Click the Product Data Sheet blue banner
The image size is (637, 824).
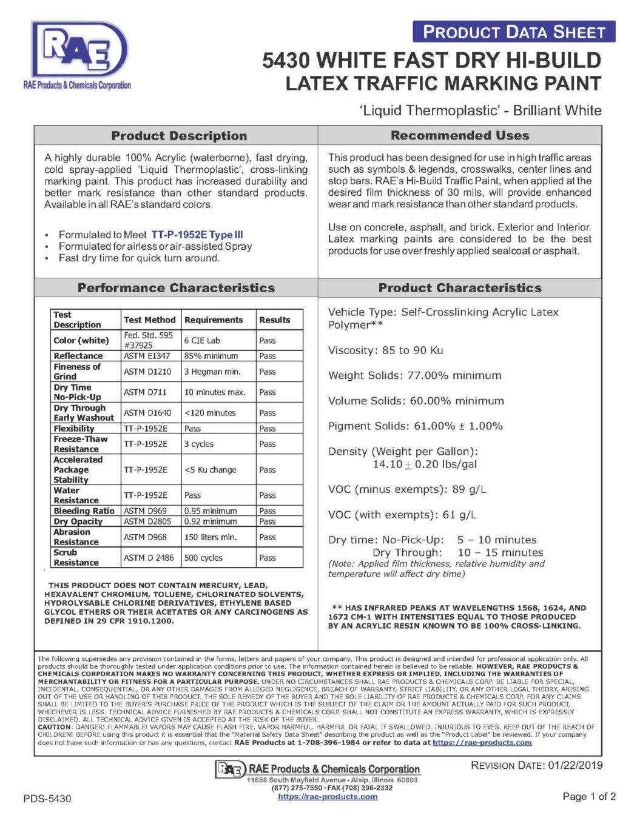514,32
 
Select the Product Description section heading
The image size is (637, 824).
179,136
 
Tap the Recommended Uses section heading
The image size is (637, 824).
460,135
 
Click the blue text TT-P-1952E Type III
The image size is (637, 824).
197,235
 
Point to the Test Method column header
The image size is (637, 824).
149,320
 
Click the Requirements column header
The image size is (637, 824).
214,320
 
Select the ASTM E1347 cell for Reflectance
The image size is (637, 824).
147,356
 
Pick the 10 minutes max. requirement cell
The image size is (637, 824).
215,392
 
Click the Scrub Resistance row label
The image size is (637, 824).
76,557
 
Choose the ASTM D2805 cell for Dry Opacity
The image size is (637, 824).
147,521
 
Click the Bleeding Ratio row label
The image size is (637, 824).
84,511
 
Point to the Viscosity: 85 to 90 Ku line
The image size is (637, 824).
385,350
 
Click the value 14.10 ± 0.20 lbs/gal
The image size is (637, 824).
425,464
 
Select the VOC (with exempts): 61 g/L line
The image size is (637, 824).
402,515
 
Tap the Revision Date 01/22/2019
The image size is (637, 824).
536,765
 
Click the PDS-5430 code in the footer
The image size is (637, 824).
47,799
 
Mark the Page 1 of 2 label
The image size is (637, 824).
589,796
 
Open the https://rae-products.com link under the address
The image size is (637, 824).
328,797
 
